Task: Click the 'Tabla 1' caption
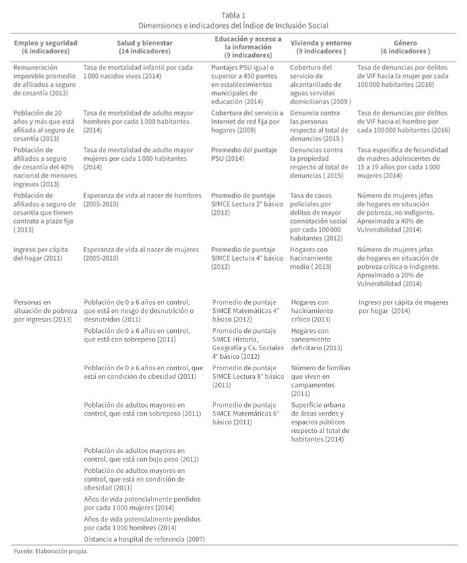[233, 13]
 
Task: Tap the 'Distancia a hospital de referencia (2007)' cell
[144, 538]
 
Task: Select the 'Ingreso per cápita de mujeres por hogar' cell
[401, 306]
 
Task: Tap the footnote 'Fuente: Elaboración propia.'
[51, 552]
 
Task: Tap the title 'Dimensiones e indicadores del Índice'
[233, 25]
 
